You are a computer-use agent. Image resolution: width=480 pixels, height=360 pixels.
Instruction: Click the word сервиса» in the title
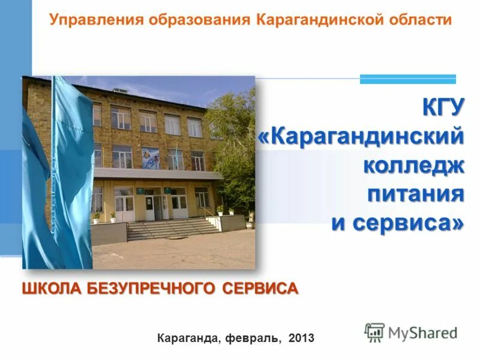click(408, 223)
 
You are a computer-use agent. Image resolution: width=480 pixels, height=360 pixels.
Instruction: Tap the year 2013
click(301, 338)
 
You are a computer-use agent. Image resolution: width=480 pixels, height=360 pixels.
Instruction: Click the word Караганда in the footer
click(189, 338)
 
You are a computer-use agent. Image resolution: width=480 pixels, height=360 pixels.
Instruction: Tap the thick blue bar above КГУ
click(407, 79)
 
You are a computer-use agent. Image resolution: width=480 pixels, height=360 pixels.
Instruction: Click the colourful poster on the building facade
click(150, 157)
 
